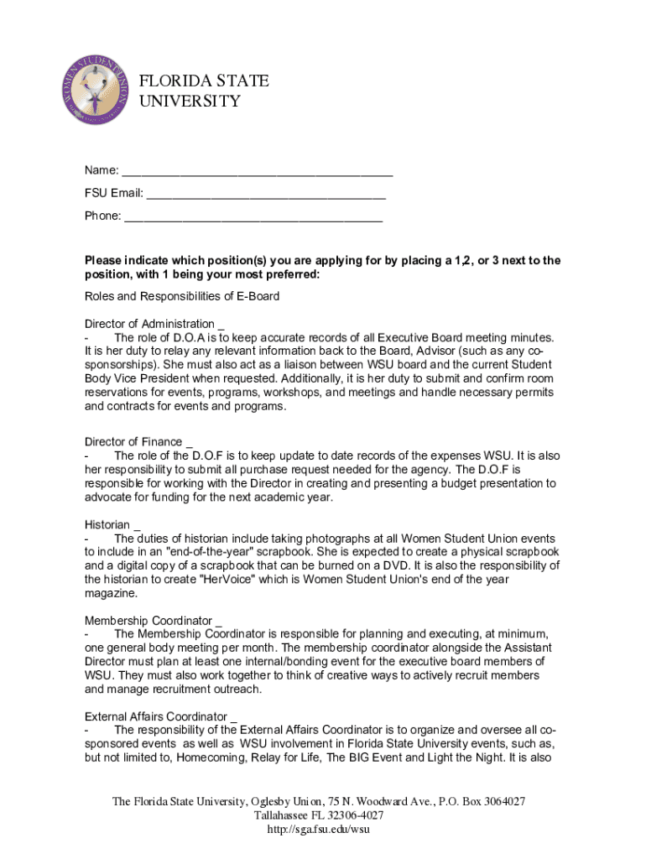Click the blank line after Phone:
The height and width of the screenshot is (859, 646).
pyautogui.click(x=253, y=216)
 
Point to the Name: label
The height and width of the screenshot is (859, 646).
pyautogui.click(x=101, y=171)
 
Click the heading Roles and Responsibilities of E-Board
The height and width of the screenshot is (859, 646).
pyautogui.click(x=182, y=296)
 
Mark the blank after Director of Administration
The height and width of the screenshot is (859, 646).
pyautogui.click(x=221, y=325)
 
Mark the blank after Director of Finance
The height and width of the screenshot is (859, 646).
pyautogui.click(x=190, y=442)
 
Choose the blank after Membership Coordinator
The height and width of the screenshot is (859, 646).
pyautogui.click(x=219, y=622)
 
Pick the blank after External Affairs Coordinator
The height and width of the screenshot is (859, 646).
pyautogui.click(x=234, y=717)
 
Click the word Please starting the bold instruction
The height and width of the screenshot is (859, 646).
pyautogui.click(x=105, y=261)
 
